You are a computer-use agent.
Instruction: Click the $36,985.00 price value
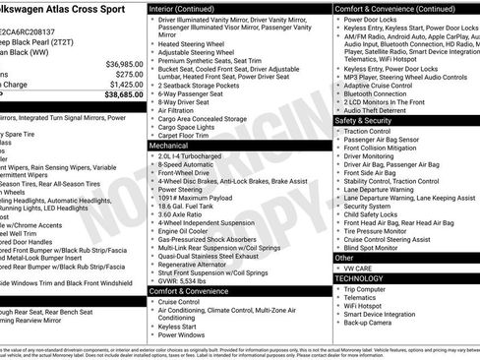[118, 63]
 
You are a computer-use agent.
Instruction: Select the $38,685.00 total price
[118, 95]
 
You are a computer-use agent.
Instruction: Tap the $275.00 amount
[123, 74]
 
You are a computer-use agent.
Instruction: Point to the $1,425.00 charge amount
[120, 85]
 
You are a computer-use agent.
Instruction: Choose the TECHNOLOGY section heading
[358, 278]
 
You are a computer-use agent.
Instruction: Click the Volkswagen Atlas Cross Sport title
[58, 9]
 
